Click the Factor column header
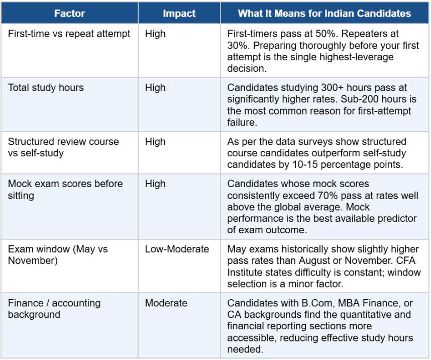[69, 13]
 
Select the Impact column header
[179, 13]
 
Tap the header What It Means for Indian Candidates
[325, 13]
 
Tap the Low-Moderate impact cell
[177, 249]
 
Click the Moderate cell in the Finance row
[166, 303]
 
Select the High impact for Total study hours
[155, 87]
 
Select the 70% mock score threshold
[328, 196]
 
